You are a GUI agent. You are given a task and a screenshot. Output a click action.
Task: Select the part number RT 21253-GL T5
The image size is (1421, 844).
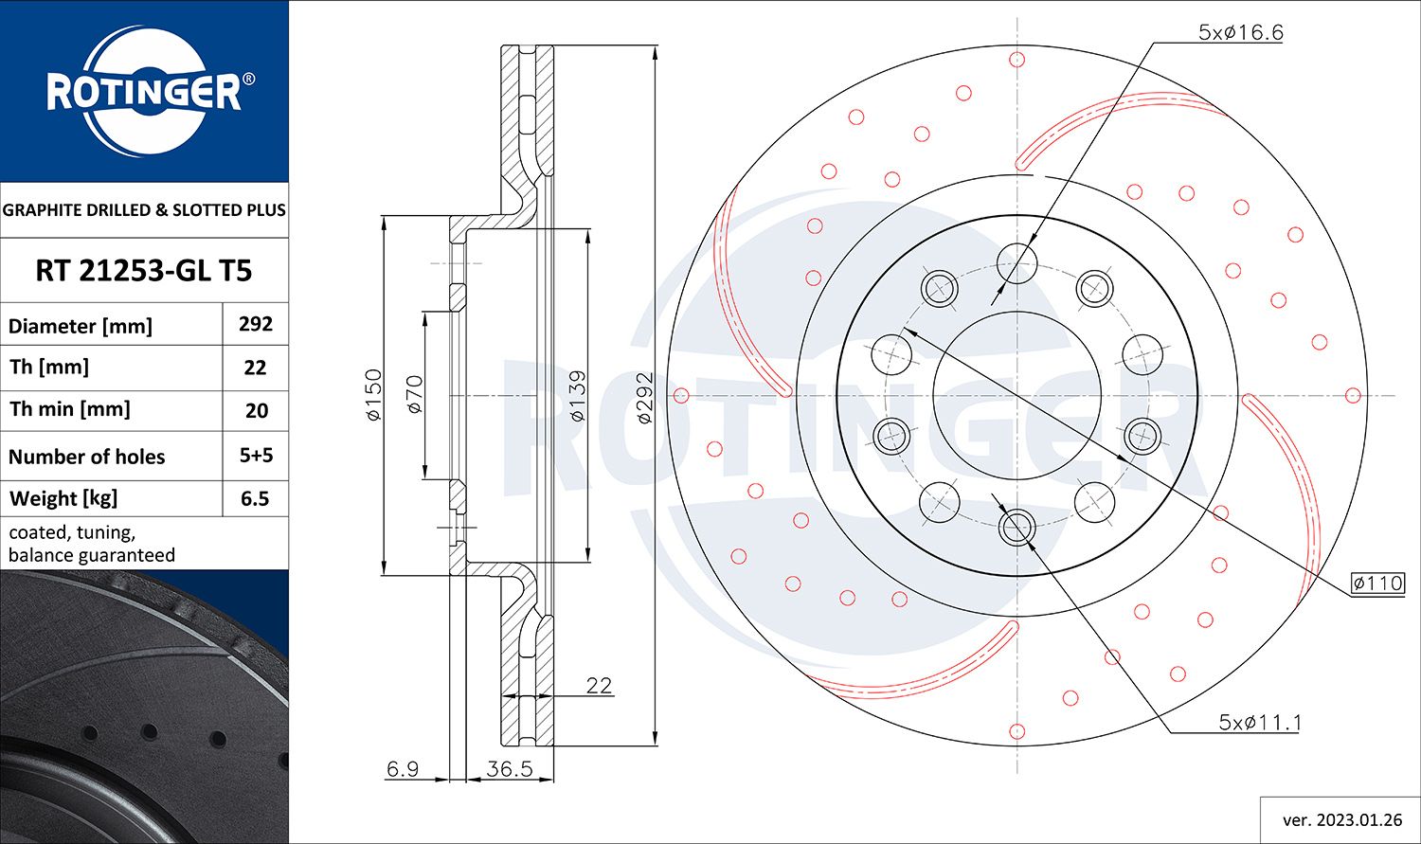point(144,271)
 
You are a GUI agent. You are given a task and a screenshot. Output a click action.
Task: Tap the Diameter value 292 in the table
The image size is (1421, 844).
point(256,324)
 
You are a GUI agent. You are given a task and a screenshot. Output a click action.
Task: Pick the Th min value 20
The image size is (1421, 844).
point(256,410)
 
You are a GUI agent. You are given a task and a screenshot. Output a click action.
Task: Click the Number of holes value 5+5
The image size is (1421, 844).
point(256,456)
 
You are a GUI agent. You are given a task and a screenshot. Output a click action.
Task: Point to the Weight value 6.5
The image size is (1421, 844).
point(256,498)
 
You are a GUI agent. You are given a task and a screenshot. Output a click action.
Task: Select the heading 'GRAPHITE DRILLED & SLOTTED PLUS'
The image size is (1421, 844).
point(144,210)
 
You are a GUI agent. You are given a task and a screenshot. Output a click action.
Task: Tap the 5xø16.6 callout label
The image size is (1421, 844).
point(1240,32)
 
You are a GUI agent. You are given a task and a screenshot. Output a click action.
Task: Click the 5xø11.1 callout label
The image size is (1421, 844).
point(1259,723)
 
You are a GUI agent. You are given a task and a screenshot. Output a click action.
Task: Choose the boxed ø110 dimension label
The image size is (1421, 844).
point(1377,583)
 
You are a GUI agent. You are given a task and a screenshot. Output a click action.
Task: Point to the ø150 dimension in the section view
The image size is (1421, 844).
point(373,395)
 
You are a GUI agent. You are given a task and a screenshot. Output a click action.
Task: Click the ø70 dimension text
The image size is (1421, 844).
point(414,395)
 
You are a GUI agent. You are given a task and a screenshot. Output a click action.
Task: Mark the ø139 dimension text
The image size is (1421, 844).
point(577,395)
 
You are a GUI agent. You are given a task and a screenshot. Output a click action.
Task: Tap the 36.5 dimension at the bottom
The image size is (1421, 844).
point(509,768)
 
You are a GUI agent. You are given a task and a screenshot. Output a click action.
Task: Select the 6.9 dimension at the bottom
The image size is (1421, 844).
point(403,768)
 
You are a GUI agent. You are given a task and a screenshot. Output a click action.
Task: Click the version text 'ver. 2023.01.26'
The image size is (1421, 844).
point(1340,819)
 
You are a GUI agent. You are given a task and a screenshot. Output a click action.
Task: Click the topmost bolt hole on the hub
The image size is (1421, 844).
point(1017,262)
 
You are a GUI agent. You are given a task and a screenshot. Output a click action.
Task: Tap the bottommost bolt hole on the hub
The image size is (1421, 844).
point(1017,528)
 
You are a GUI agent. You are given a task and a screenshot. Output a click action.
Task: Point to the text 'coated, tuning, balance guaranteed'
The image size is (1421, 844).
point(92,544)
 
